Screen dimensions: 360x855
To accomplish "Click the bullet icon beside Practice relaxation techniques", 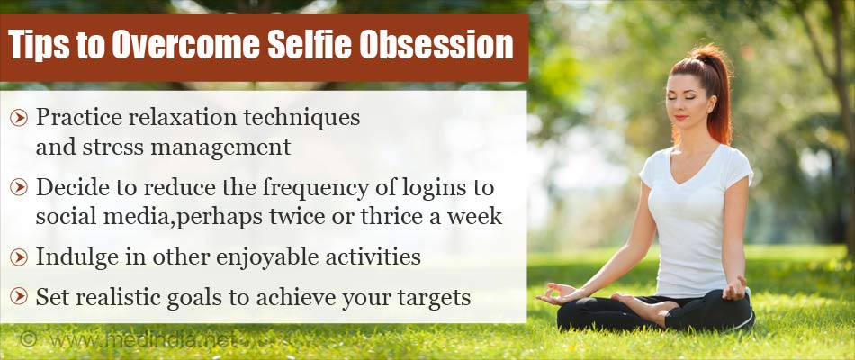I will [x=20, y=117].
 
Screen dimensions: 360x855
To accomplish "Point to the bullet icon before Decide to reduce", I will [x=20, y=187].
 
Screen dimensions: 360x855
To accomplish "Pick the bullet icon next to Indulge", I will [x=20, y=257].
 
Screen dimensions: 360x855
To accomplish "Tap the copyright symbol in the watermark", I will [x=29, y=340].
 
